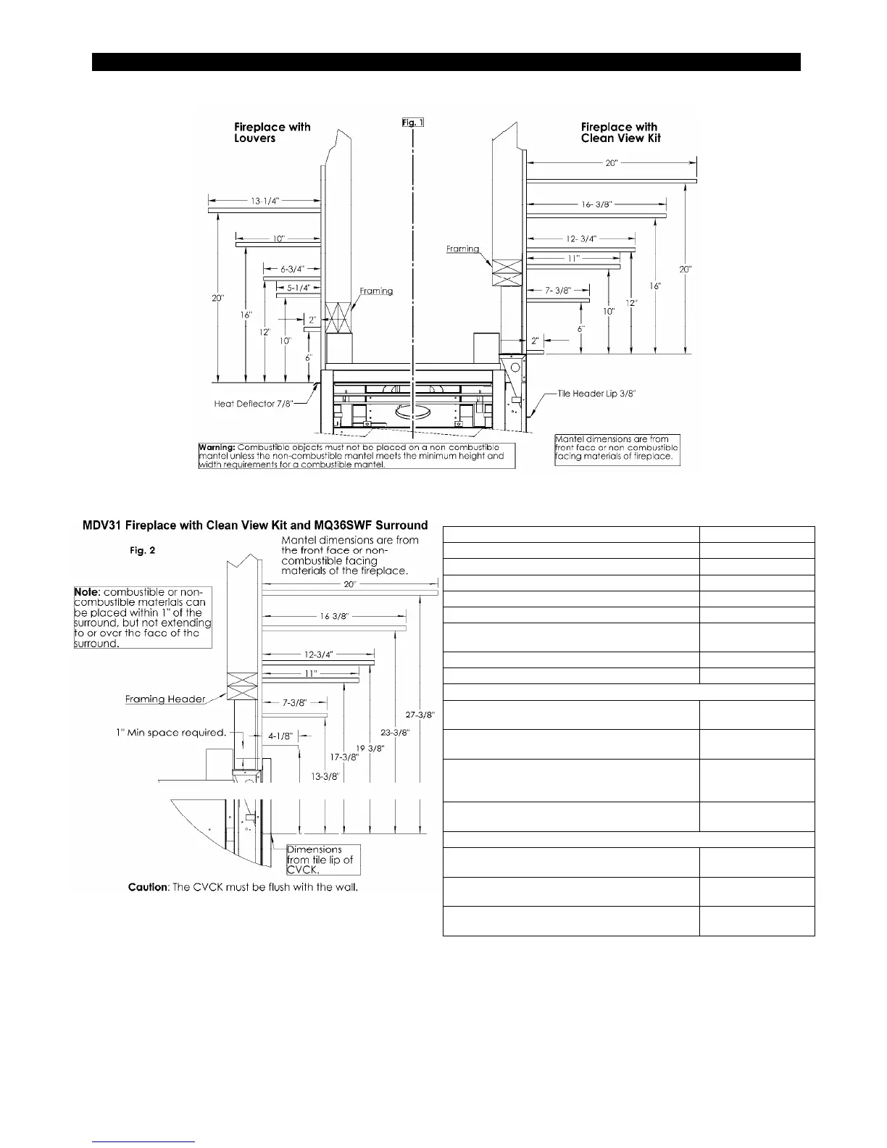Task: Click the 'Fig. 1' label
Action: coord(412,122)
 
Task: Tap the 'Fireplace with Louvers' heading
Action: coord(272,133)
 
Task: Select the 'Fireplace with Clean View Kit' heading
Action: coord(620,133)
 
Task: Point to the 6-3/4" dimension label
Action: coord(292,269)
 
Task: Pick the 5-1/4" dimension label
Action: coord(299,288)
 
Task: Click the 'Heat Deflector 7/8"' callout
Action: coord(254,404)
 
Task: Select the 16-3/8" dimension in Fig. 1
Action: coord(598,205)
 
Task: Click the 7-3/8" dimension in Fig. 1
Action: coord(558,290)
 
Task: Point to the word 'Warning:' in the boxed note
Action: coord(217,448)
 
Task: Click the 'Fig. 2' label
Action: coord(143,551)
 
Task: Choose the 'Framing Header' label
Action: coord(165,699)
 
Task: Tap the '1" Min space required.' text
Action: coord(171,733)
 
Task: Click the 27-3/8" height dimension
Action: coord(420,715)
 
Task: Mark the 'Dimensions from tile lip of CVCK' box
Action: coord(323,860)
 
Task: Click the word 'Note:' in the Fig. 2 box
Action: coord(88,592)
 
